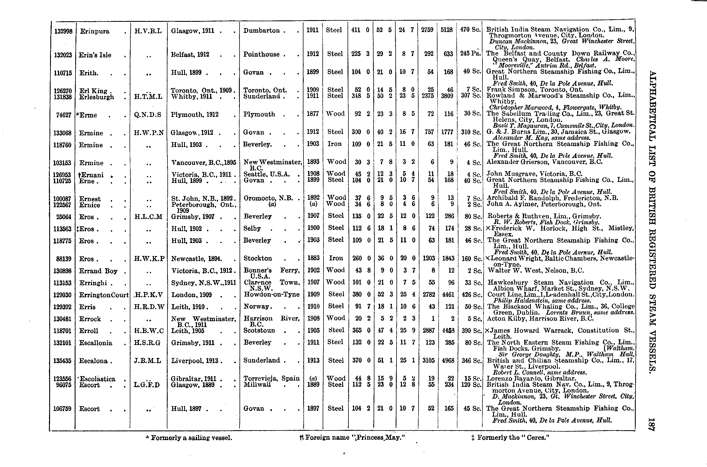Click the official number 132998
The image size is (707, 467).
pyautogui.click(x=63, y=31)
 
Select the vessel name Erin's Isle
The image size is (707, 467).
pyautogui.click(x=95, y=55)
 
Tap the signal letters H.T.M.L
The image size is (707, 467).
pyautogui.click(x=148, y=97)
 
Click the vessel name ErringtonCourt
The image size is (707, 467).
pyautogui.click(x=104, y=295)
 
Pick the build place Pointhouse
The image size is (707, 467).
pyautogui.click(x=261, y=54)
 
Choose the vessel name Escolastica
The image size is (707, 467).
pyautogui.click(x=97, y=379)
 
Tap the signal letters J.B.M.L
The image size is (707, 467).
pyautogui.click(x=148, y=361)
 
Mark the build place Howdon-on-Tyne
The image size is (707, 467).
pyautogui.click(x=271, y=294)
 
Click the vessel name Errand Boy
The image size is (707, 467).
pyautogui.click(x=98, y=271)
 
